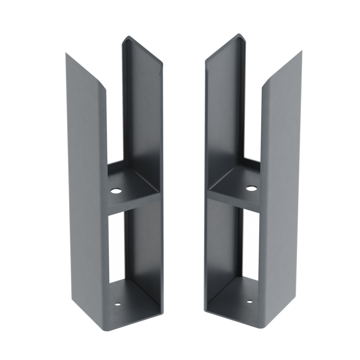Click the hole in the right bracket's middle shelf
pyautogui.click(x=251, y=188)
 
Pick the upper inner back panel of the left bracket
pyautogui.click(x=142, y=112)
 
